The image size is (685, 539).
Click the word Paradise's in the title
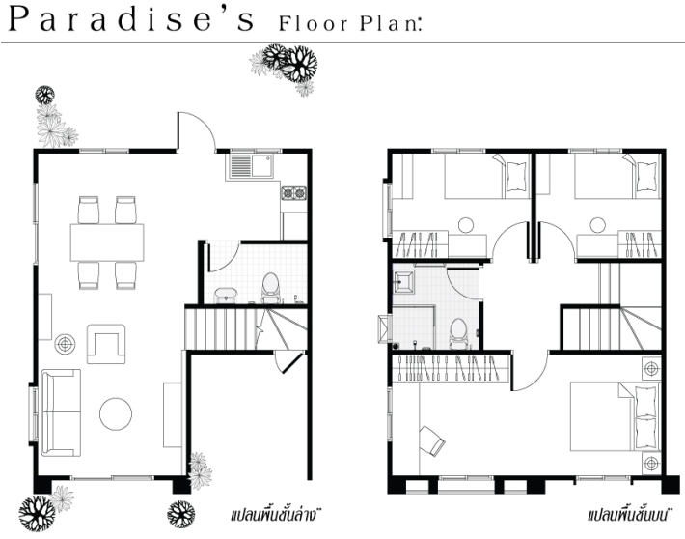130,20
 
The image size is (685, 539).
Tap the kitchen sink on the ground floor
250,165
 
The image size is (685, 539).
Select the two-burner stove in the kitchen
293,193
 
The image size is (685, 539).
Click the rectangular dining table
107,242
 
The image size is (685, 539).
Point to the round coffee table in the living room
116,413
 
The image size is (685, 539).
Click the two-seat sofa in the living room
61,413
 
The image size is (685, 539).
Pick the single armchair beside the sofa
106,344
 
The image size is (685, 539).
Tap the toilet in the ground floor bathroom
270,288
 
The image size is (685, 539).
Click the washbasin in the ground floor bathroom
226,295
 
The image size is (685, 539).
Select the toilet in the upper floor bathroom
458,334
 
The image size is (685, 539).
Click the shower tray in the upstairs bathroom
403,281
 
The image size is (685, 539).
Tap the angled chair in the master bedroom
432,440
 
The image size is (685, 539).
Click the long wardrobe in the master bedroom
452,368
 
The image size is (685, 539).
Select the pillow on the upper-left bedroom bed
516,177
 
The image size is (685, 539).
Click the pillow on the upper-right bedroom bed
646,177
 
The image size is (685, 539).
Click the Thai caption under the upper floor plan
628,515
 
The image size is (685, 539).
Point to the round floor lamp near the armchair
65,344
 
